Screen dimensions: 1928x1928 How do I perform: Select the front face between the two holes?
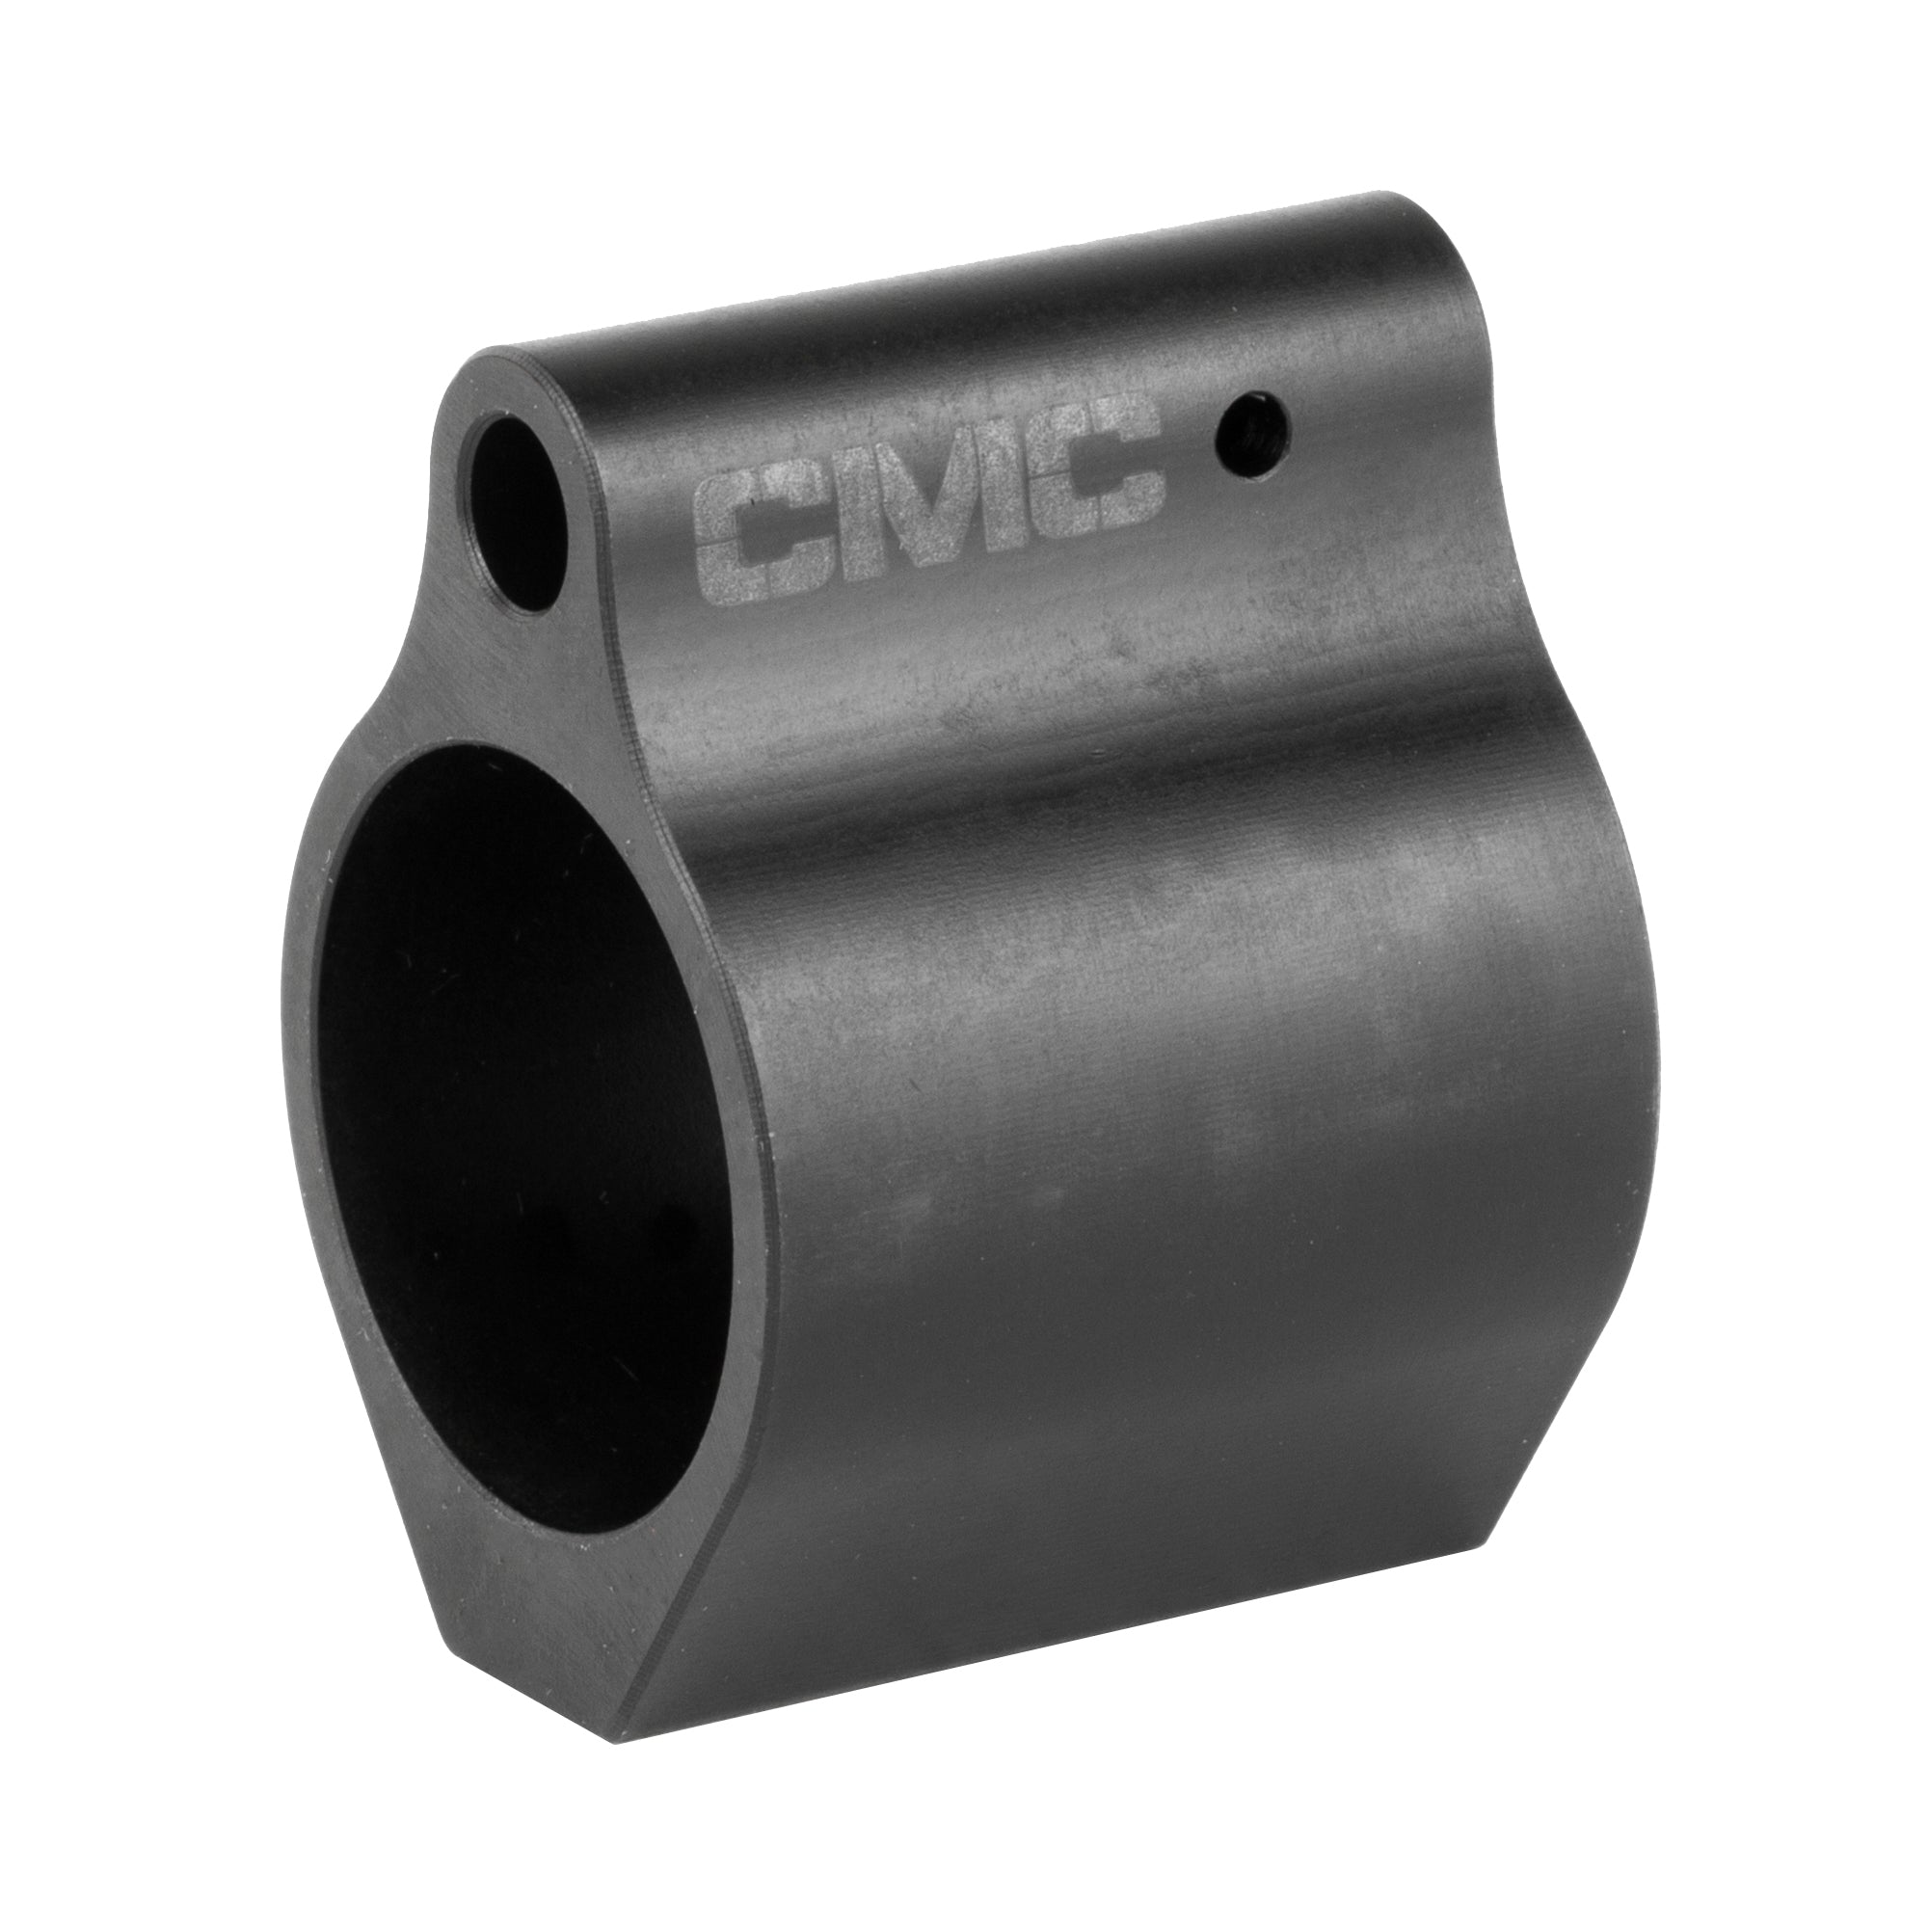[519, 688]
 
